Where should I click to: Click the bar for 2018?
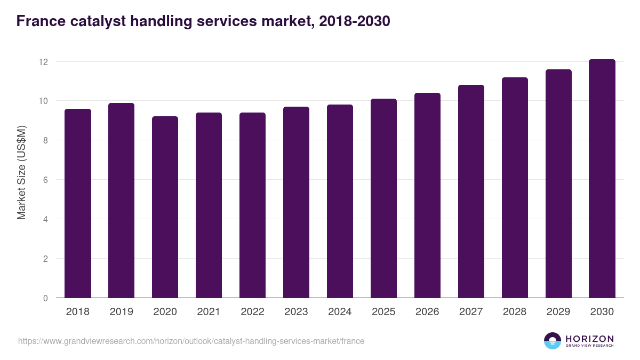78,203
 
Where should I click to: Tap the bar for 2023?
296,202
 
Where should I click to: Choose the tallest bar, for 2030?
602,179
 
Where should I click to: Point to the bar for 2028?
515,188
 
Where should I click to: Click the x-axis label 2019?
122,312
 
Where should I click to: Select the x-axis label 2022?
252,312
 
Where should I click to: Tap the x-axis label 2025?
383,312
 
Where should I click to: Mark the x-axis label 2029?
558,312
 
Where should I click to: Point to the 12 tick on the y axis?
43,62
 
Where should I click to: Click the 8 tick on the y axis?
45,141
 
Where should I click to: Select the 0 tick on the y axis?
45,298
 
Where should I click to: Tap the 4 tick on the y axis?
45,219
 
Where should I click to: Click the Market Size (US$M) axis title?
21,172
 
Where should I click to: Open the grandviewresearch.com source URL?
191,341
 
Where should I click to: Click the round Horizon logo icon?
553,341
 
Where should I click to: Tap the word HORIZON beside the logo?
589,339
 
